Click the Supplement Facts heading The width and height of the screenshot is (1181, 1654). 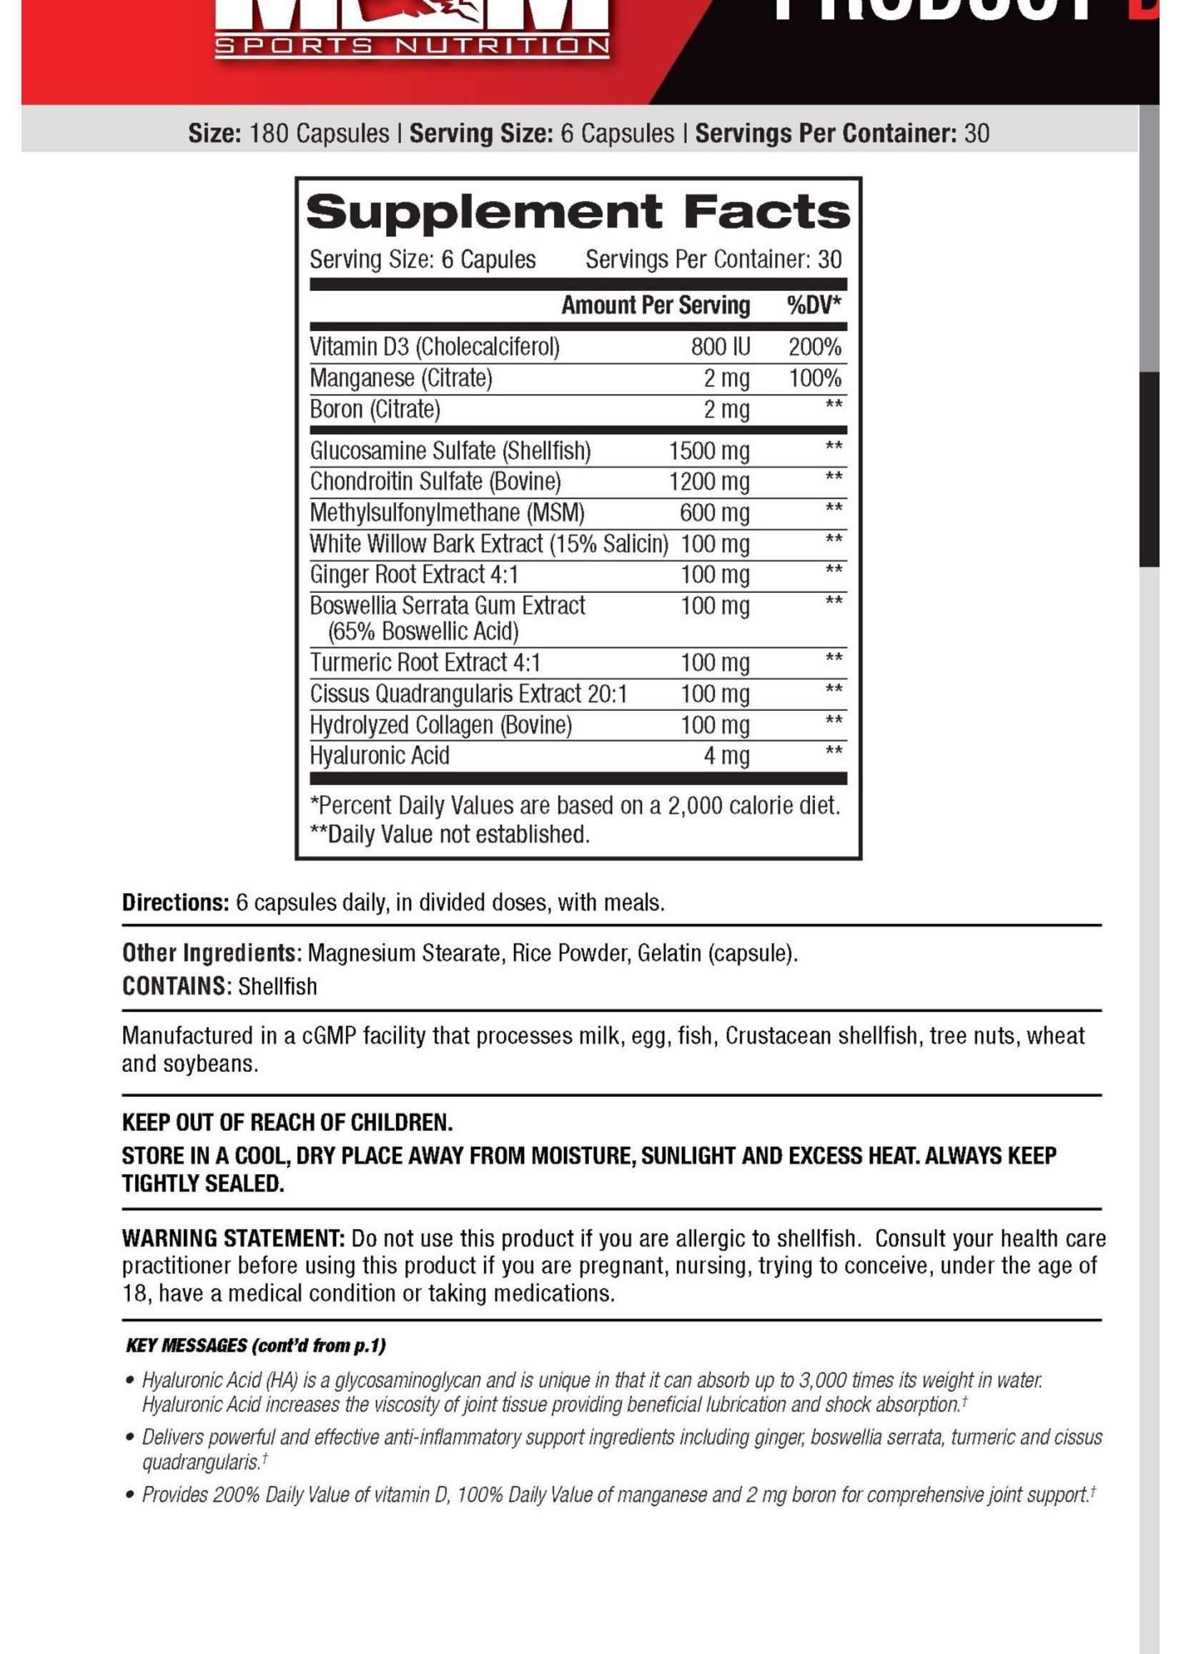[x=578, y=212]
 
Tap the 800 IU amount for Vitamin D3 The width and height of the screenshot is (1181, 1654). [x=720, y=347]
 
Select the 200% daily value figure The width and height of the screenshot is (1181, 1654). [x=814, y=347]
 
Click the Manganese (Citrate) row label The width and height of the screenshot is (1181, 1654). [x=400, y=378]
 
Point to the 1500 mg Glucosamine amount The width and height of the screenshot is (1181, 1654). [x=708, y=451]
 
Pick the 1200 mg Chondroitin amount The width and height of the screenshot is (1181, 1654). [x=708, y=481]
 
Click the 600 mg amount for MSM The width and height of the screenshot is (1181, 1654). [x=714, y=513]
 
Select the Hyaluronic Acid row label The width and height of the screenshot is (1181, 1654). [x=379, y=756]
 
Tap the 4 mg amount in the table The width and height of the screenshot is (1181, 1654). [x=726, y=756]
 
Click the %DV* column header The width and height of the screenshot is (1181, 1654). [x=813, y=305]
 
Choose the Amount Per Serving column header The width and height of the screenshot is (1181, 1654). [x=656, y=305]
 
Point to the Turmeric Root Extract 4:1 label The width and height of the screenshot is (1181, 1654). [x=425, y=663]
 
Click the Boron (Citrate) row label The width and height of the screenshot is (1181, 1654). [x=375, y=410]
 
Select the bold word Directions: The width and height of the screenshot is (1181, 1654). [x=175, y=902]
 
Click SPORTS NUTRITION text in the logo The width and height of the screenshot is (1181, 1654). [x=412, y=46]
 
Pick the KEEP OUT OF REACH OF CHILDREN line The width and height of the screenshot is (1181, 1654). [x=287, y=1122]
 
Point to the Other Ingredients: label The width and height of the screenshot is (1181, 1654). [x=211, y=952]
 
